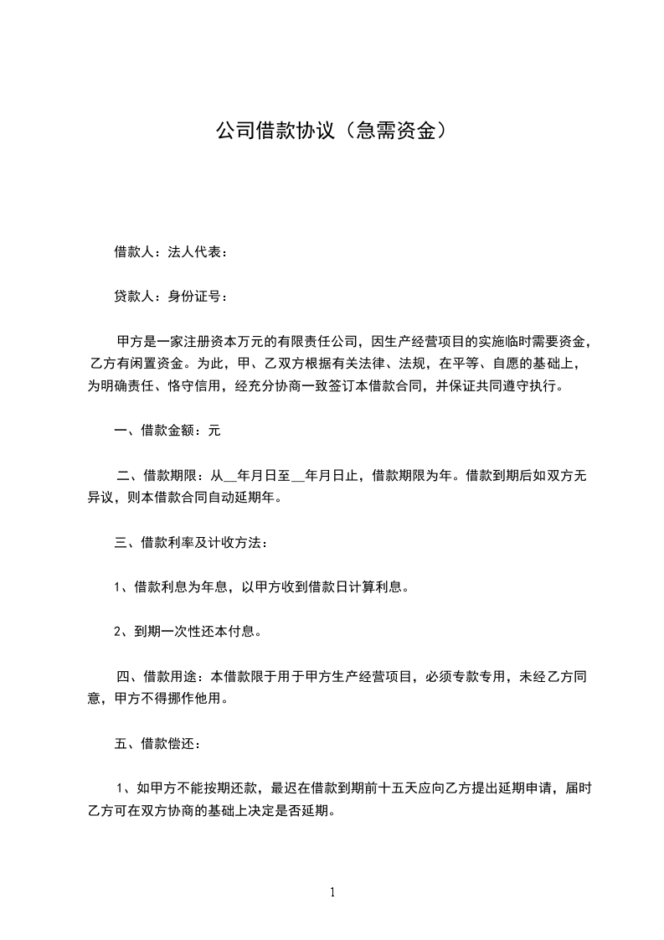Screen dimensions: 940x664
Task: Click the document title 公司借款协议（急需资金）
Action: coord(331,131)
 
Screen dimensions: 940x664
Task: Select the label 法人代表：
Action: coord(198,251)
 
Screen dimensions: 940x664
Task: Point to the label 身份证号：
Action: coord(198,296)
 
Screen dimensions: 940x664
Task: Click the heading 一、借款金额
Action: coord(154,431)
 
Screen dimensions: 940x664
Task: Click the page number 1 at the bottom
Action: coord(332,892)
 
